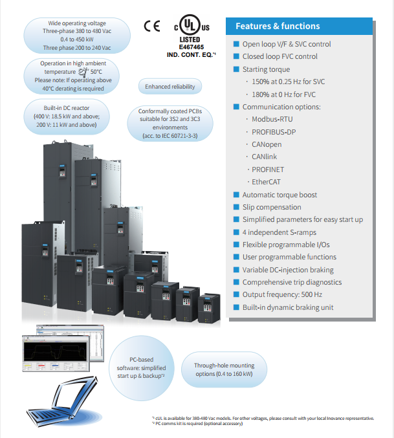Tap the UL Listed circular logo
click(189, 27)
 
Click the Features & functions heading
click(278, 27)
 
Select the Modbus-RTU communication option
click(274, 120)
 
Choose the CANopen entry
click(267, 144)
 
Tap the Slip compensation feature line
click(271, 207)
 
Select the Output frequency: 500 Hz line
click(283, 294)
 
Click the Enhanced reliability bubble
click(170, 87)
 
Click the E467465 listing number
click(189, 47)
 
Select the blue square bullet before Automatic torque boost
click(236, 195)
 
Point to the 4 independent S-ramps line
click(276, 232)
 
